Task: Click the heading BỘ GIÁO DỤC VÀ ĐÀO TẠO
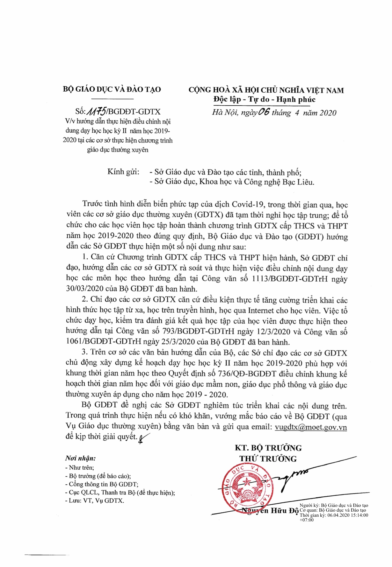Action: click(x=112, y=89)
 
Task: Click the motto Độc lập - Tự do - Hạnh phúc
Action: click(x=264, y=100)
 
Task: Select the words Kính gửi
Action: click(x=123, y=172)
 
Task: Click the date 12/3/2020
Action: click(x=273, y=331)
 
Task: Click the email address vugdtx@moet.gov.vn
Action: click(x=311, y=427)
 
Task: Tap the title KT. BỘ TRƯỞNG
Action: click(x=268, y=448)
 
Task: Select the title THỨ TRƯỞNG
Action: click(x=268, y=458)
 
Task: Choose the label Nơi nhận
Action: click(x=80, y=458)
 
